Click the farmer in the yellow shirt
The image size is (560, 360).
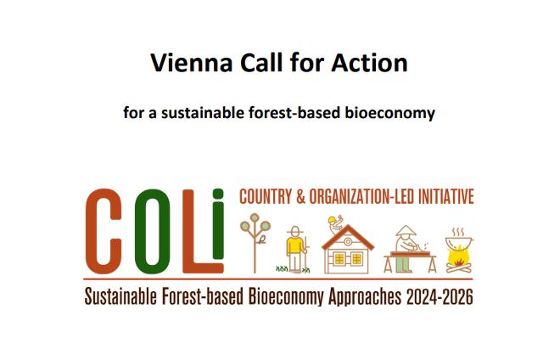pos(295,248)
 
